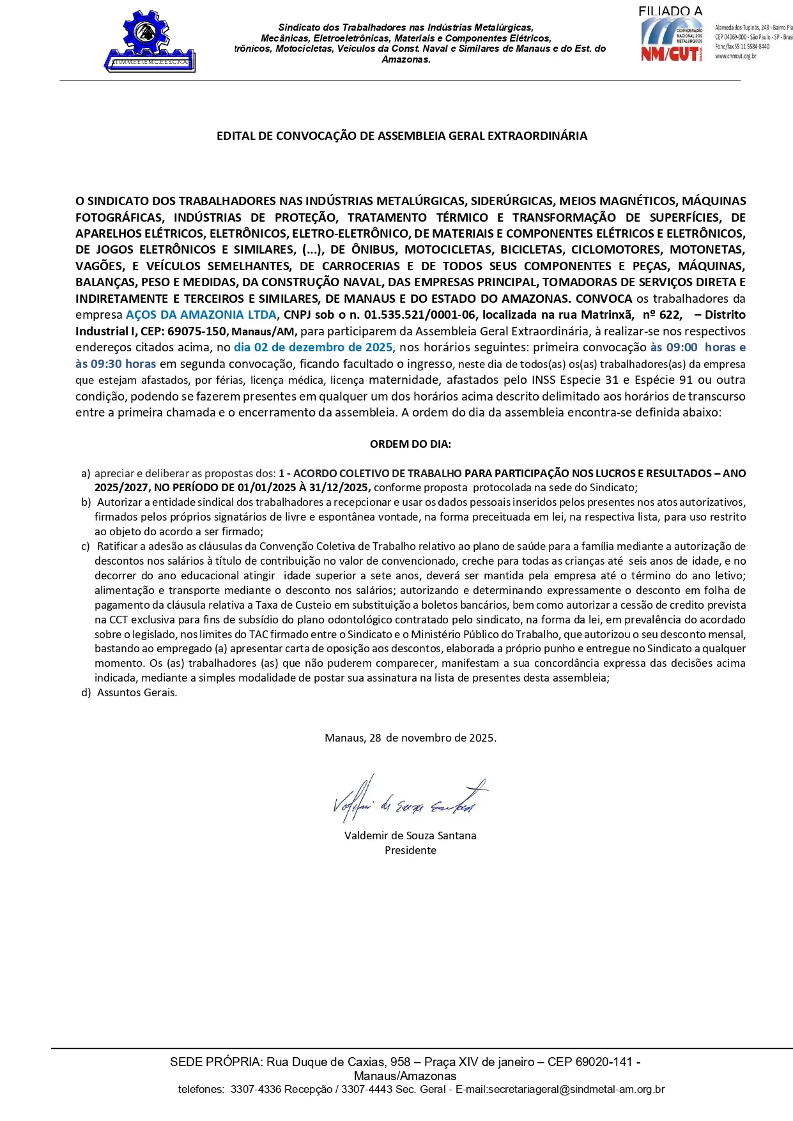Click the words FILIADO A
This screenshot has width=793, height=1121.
pyautogui.click(x=670, y=11)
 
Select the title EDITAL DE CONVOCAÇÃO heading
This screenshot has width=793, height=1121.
pyautogui.click(x=401, y=136)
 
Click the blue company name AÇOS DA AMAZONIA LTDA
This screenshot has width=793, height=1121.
pyautogui.click(x=201, y=315)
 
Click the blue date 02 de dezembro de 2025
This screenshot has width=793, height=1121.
pyautogui.click(x=313, y=347)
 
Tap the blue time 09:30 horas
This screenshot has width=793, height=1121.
pyautogui.click(x=116, y=364)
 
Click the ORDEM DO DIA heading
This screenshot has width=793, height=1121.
pyautogui.click(x=410, y=444)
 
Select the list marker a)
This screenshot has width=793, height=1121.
pyautogui.click(x=86, y=473)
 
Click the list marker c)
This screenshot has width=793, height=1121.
pyautogui.click(x=86, y=546)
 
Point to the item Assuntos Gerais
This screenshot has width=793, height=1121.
pyautogui.click(x=137, y=692)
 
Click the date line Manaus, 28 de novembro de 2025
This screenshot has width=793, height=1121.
pyautogui.click(x=410, y=738)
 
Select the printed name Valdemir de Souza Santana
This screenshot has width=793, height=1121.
pyautogui.click(x=410, y=835)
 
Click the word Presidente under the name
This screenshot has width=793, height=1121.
pyautogui.click(x=410, y=850)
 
